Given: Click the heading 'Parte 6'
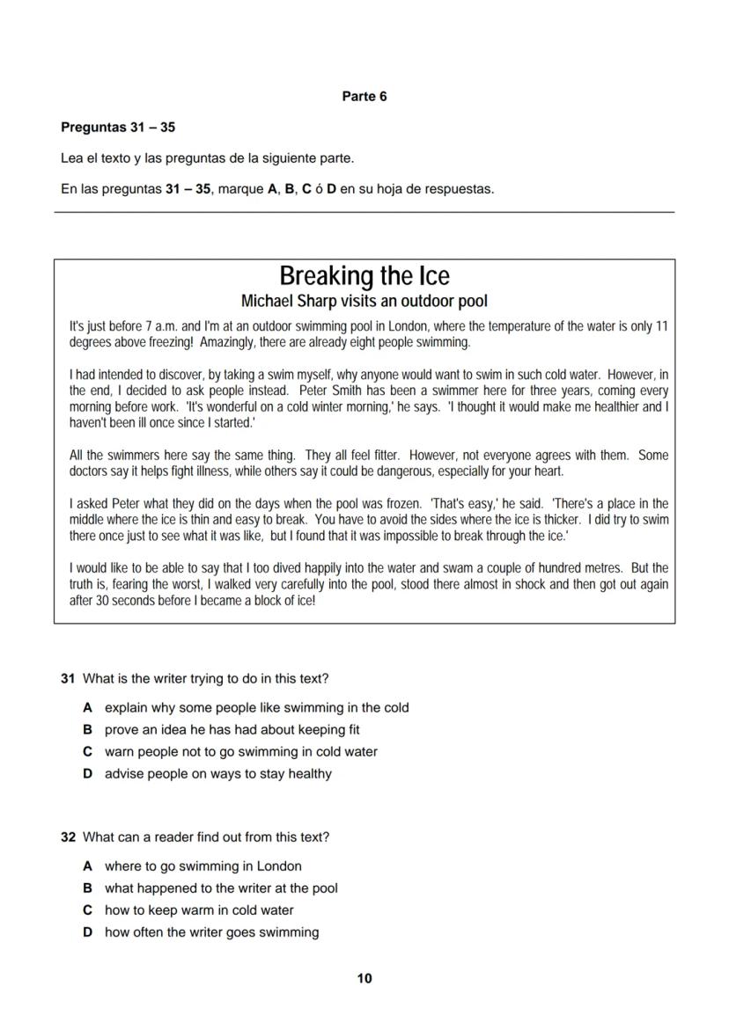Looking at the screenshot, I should pos(364,97).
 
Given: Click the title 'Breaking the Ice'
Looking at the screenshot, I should pos(364,276).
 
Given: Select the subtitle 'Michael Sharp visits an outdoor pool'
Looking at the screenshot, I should pos(364,301).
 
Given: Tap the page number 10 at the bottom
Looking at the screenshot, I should pos(364,978).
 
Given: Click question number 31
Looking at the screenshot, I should pos(68,679).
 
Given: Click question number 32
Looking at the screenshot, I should pos(68,837).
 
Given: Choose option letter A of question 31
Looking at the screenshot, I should pos(88,708).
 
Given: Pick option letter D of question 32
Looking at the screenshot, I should pos(88,932).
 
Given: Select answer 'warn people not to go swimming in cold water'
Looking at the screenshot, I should pos(240,752).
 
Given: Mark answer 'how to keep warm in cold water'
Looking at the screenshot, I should pos(199,910).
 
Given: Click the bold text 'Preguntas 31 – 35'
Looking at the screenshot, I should pos(118,128).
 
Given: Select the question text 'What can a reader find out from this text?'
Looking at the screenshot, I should pos(206,837).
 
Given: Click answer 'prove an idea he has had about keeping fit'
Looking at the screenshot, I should pos(232,730).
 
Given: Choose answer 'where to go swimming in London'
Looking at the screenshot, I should pos(202,866).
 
